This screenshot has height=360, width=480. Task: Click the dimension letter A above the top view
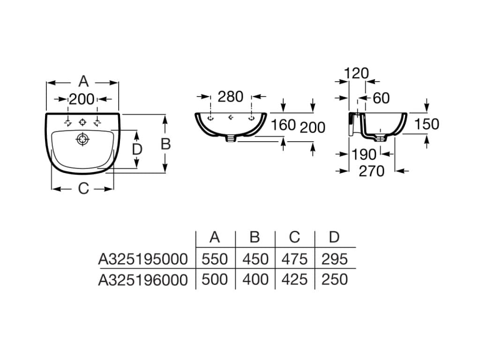click(x=83, y=82)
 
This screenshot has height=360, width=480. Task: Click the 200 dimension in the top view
click(x=82, y=99)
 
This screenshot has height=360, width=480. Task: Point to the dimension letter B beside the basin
click(x=165, y=144)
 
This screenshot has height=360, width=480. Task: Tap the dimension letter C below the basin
click(x=83, y=188)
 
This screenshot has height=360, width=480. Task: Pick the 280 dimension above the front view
click(x=230, y=97)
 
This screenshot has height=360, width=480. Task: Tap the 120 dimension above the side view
click(x=356, y=73)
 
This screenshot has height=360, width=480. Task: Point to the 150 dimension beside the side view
click(x=426, y=124)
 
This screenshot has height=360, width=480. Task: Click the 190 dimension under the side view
click(x=364, y=154)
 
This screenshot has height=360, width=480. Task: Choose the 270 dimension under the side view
click(x=371, y=171)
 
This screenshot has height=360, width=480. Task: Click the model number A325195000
click(x=142, y=259)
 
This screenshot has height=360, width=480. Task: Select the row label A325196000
click(x=142, y=280)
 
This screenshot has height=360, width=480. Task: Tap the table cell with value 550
click(x=215, y=259)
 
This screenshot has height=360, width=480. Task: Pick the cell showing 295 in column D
click(x=334, y=259)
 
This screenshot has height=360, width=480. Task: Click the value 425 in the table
click(x=294, y=280)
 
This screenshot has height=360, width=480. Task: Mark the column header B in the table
click(x=255, y=237)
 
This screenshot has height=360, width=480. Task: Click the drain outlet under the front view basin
click(x=230, y=138)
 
